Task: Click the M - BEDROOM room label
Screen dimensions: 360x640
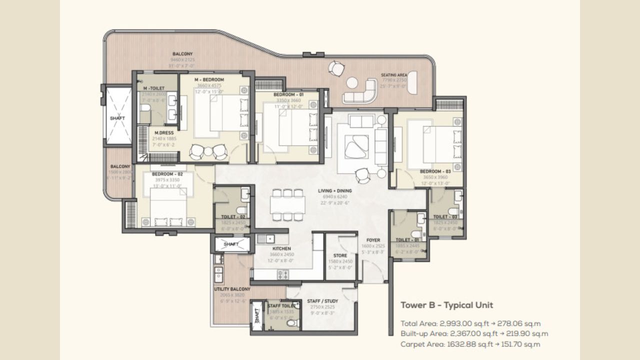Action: click(209, 79)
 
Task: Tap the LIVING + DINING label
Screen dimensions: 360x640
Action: click(334, 190)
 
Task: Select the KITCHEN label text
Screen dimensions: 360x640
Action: click(281, 248)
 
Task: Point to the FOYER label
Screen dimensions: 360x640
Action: click(373, 240)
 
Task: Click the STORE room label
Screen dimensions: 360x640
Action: click(340, 255)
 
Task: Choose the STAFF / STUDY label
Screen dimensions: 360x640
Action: click(322, 301)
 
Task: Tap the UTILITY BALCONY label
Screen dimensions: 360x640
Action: click(232, 289)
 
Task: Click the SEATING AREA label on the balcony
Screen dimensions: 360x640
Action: click(394, 75)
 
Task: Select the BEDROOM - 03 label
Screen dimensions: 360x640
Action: click(435, 171)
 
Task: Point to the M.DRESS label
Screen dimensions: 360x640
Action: click(164, 133)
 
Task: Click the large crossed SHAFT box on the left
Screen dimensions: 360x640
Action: click(117, 117)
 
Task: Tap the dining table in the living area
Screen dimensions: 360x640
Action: click(287, 204)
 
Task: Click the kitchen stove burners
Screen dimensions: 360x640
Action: click(283, 274)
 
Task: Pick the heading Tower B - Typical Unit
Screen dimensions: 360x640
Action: click(446, 305)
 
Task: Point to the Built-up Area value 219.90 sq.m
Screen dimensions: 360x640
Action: click(527, 333)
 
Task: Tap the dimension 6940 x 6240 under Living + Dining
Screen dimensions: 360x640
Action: click(334, 197)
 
